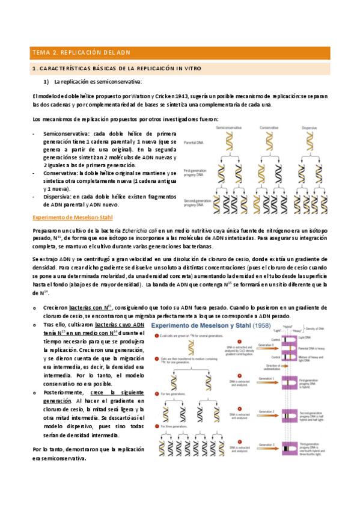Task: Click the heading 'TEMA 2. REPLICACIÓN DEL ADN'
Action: click(85, 52)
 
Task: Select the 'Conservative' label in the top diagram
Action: click(273, 127)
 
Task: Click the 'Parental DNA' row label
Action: click(195, 143)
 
